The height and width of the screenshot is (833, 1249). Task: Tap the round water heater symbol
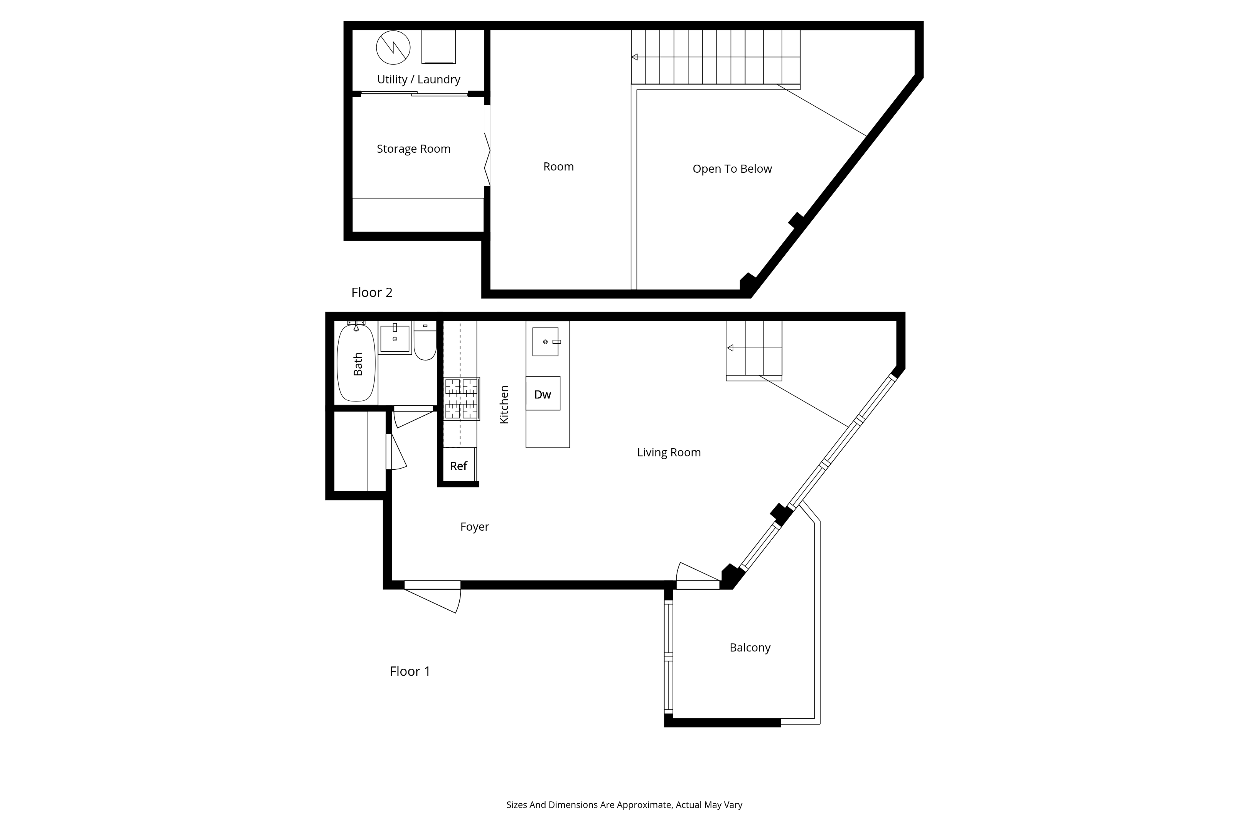(393, 47)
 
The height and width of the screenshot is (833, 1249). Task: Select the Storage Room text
(413, 149)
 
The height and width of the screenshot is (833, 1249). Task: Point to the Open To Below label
(732, 169)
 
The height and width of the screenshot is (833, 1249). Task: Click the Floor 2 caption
(372, 293)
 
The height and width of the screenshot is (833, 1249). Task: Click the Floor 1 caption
(410, 671)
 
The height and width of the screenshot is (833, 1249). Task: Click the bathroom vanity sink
(394, 339)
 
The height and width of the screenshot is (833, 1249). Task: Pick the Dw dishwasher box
(543, 394)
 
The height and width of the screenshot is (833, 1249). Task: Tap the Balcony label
(749, 648)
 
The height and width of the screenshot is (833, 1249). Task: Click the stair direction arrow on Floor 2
(635, 57)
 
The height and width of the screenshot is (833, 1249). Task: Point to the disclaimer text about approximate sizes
(624, 805)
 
